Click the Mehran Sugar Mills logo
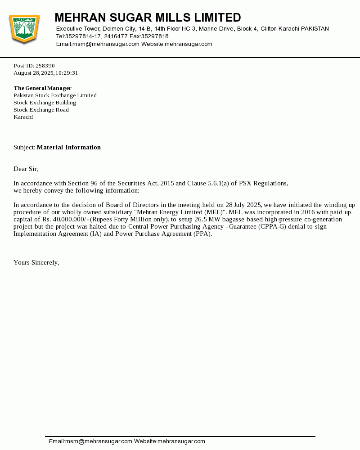(x=24, y=29)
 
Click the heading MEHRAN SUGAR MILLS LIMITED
(x=148, y=18)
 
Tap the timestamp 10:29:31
(x=67, y=73)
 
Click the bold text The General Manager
(x=42, y=88)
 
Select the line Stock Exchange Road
(x=41, y=110)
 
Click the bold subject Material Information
(x=69, y=147)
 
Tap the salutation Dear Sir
(x=26, y=169)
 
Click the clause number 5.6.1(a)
(x=212, y=183)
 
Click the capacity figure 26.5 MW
(x=201, y=219)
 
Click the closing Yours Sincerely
(x=36, y=262)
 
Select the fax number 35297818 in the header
(x=155, y=36)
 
